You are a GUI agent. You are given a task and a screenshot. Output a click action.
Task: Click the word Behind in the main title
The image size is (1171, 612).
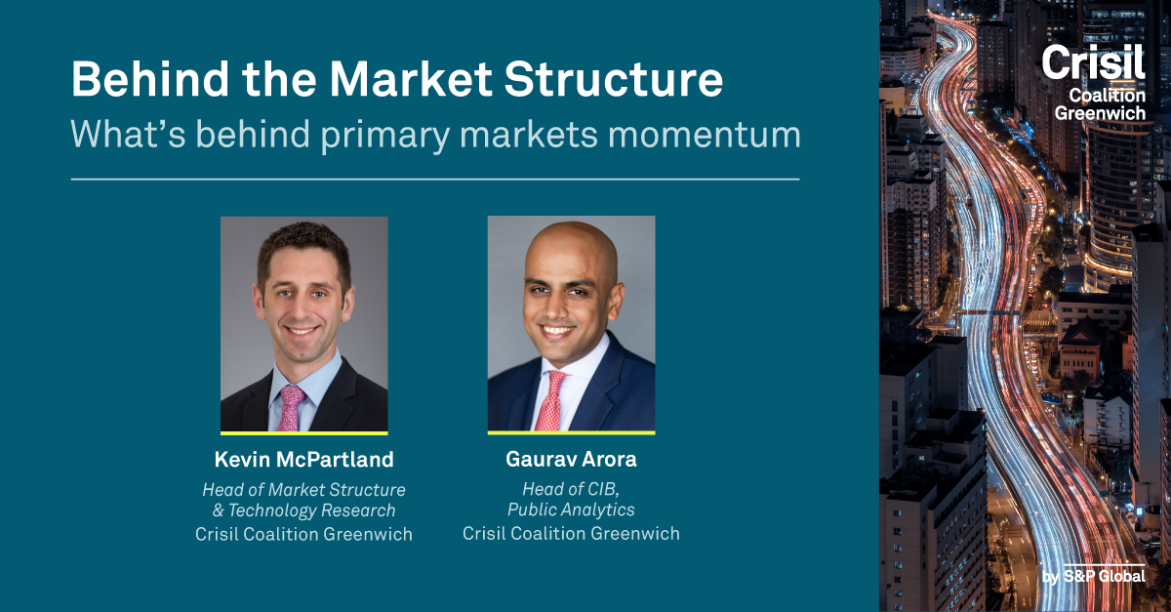(x=149, y=78)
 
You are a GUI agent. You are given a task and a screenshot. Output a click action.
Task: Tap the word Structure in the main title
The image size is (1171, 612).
(x=613, y=78)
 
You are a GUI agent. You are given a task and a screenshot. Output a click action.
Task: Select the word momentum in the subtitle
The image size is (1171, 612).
(x=705, y=134)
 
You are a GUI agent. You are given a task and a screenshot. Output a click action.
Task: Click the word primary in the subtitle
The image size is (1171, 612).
(x=385, y=135)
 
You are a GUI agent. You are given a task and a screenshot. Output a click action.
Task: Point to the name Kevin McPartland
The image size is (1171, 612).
(x=303, y=460)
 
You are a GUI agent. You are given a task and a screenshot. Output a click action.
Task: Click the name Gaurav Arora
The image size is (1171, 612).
(x=571, y=460)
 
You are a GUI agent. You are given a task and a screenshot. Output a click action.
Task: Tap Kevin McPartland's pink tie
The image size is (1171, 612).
(x=290, y=408)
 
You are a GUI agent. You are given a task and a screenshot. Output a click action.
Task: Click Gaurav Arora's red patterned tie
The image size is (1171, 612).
(x=550, y=400)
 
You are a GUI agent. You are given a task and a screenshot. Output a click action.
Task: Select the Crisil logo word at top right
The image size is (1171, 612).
(x=1094, y=61)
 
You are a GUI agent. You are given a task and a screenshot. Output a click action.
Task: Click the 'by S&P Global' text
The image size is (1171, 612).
(x=1094, y=576)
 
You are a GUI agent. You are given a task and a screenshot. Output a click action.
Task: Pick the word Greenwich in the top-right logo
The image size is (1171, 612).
(x=1100, y=112)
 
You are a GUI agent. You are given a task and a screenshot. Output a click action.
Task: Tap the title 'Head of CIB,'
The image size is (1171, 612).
(x=571, y=489)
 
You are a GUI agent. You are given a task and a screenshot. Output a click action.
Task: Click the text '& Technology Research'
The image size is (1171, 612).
(x=303, y=510)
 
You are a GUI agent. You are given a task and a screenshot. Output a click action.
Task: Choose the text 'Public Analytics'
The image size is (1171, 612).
(x=571, y=510)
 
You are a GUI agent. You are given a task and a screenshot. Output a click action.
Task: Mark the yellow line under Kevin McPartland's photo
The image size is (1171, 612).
(x=303, y=433)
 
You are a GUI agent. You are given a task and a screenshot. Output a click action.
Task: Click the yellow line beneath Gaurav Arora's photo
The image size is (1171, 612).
(x=572, y=432)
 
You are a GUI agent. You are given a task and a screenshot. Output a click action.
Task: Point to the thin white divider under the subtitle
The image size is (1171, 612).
(x=435, y=180)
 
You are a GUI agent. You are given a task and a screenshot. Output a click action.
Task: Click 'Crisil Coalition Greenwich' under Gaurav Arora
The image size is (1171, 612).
(x=571, y=534)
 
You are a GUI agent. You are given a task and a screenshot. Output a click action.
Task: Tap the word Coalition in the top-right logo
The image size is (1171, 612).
(x=1108, y=96)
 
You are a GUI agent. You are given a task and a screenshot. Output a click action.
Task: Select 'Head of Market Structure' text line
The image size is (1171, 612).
(x=303, y=490)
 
